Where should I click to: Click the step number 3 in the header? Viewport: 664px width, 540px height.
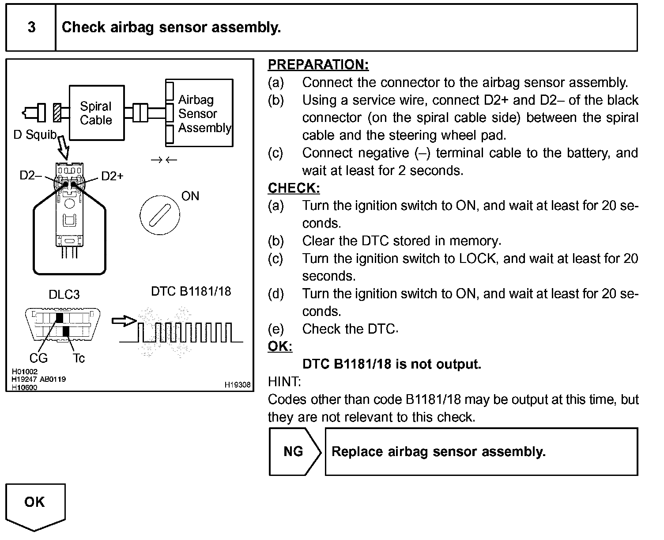pyautogui.click(x=31, y=27)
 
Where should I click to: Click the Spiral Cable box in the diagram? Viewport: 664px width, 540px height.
pyautogui.click(x=96, y=113)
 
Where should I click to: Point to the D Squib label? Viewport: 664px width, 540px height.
pyautogui.click(x=35, y=134)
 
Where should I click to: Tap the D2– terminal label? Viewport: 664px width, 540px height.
pyautogui.click(x=30, y=175)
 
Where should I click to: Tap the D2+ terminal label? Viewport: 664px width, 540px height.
pyautogui.click(x=112, y=176)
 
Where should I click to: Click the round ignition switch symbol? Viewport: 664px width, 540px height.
pyautogui.click(x=159, y=216)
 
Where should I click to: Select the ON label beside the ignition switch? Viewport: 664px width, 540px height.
pyautogui.click(x=190, y=196)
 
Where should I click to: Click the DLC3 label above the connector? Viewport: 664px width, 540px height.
pyautogui.click(x=64, y=294)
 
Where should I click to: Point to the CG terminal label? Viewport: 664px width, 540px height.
pyautogui.click(x=38, y=358)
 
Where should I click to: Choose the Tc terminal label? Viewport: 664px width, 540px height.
pyautogui.click(x=79, y=358)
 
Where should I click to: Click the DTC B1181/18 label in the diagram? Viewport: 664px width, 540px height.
pyautogui.click(x=191, y=291)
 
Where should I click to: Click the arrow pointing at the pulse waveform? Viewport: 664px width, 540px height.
pyautogui.click(x=124, y=321)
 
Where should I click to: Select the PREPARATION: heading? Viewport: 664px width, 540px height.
pyautogui.click(x=318, y=65)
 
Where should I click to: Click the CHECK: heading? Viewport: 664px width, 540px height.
pyautogui.click(x=294, y=188)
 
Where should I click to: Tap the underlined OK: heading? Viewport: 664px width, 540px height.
pyautogui.click(x=280, y=346)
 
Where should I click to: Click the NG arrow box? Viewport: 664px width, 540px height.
pyautogui.click(x=294, y=452)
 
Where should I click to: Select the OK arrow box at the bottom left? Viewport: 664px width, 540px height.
pyautogui.click(x=35, y=505)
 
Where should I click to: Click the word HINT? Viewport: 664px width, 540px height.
pyautogui.click(x=284, y=381)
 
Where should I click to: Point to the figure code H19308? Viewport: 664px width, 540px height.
pyautogui.click(x=238, y=385)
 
